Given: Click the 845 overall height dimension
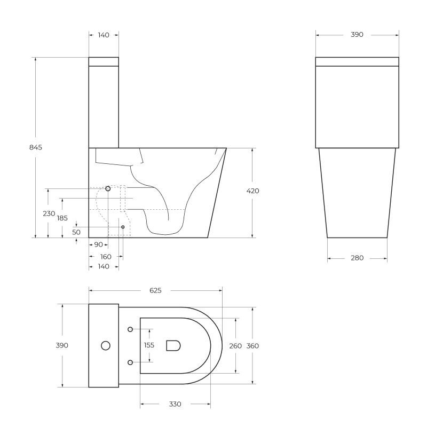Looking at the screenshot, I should [x=35, y=147].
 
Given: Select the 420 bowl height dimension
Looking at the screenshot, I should [x=253, y=191].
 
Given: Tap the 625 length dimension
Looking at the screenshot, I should [x=155, y=290].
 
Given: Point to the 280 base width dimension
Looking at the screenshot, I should [x=357, y=258].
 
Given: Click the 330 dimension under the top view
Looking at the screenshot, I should [x=175, y=404].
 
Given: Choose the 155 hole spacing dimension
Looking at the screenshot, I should [x=149, y=345].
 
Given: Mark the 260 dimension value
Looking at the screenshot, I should [x=235, y=345].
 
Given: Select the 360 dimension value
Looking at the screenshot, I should [x=252, y=345].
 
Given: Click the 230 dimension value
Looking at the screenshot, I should [x=49, y=213].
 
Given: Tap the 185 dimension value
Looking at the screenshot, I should [x=62, y=218].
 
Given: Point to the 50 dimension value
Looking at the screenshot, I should [x=76, y=232].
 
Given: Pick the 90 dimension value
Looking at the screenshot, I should [x=98, y=245].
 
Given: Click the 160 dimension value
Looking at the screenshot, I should [x=106, y=257].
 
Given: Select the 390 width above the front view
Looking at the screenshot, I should [x=357, y=35].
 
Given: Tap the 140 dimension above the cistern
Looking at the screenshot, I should [x=104, y=35].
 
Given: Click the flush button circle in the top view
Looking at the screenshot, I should [x=106, y=346].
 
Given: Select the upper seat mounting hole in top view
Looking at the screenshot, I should [x=130, y=329].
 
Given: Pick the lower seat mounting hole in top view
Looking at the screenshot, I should [x=130, y=362].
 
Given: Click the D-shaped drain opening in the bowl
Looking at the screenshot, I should [x=173, y=346].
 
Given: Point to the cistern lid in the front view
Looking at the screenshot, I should [x=357, y=61].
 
